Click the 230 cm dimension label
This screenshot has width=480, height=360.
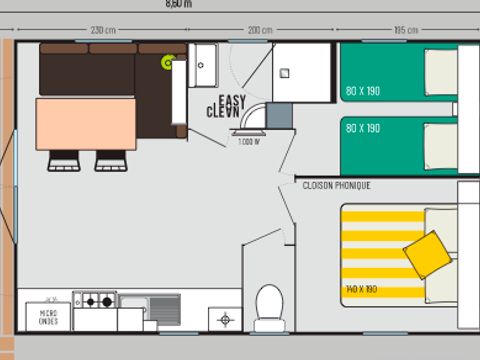point(103,30)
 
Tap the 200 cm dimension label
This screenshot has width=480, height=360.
point(260,30)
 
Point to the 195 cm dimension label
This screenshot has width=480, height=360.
point(405,30)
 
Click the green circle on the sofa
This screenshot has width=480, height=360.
point(168,63)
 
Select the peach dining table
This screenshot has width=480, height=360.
point(85,123)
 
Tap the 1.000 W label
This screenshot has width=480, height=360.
point(248,143)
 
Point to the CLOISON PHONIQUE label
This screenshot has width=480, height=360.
point(337,185)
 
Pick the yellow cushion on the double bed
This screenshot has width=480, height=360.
point(427,253)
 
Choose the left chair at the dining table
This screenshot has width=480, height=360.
point(64,160)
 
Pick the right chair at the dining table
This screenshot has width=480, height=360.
point(111,160)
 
